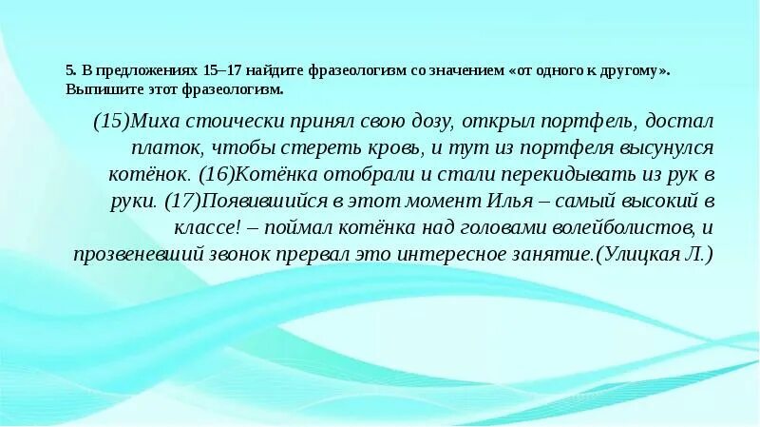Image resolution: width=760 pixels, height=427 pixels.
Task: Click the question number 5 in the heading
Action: tap(69, 72)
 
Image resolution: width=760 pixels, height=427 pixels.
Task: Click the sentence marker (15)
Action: tap(109, 123)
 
